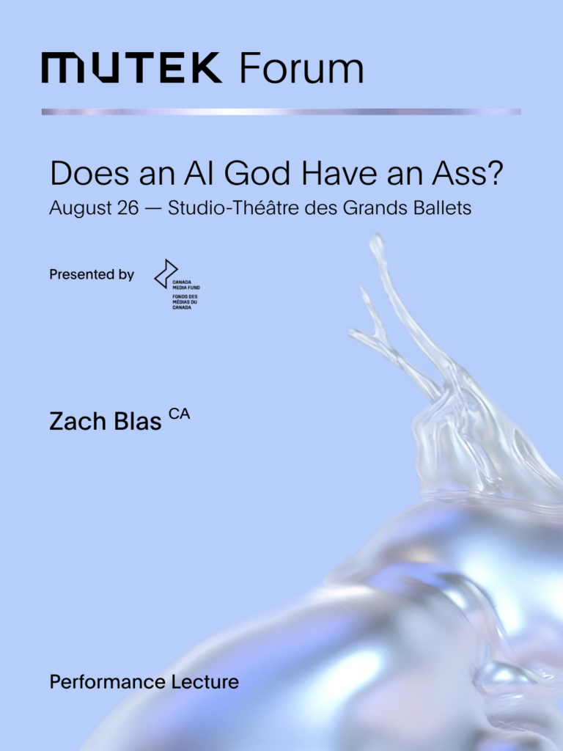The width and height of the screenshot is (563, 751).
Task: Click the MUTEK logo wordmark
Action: point(132,68)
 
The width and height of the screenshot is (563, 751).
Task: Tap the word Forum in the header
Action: point(301,68)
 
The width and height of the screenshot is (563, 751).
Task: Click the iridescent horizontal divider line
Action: point(281,111)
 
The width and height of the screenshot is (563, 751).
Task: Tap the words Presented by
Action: point(92,275)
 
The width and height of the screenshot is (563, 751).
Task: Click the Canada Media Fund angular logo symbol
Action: point(166,274)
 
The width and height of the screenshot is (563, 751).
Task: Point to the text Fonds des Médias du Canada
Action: point(185,302)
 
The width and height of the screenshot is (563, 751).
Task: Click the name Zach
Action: point(78,422)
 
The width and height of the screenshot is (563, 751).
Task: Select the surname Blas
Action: point(137,422)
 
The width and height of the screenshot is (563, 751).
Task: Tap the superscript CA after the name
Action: point(180,414)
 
